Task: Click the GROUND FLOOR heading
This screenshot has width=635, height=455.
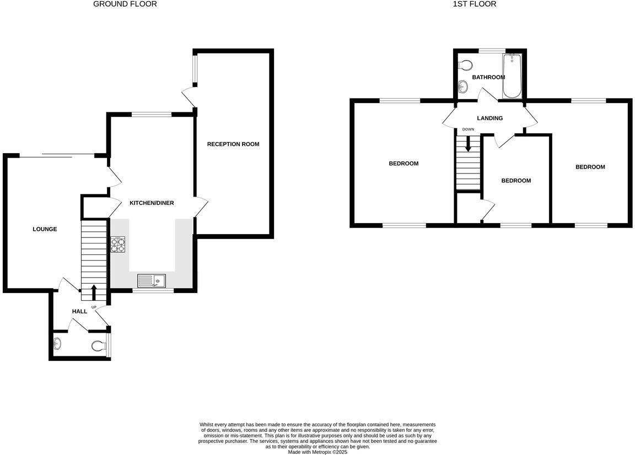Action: pyautogui.click(x=125, y=4)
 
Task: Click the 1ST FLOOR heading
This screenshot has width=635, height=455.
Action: pyautogui.click(x=474, y=4)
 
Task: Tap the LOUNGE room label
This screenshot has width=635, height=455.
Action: pyautogui.click(x=45, y=229)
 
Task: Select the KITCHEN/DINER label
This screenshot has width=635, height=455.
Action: pyautogui.click(x=152, y=203)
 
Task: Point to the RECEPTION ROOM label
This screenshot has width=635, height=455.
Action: pyautogui.click(x=233, y=144)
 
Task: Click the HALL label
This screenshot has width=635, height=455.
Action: pyautogui.click(x=79, y=312)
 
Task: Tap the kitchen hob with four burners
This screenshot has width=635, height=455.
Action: pyautogui.click(x=118, y=244)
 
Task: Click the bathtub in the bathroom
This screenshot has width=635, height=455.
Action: pyautogui.click(x=512, y=76)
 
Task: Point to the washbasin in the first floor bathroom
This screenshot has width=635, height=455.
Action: pyautogui.click(x=463, y=86)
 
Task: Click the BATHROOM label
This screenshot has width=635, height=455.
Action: pyautogui.click(x=488, y=77)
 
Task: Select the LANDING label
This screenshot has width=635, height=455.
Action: pyautogui.click(x=489, y=118)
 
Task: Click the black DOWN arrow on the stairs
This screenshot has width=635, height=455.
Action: pyautogui.click(x=469, y=144)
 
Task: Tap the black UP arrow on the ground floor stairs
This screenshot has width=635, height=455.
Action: pyautogui.click(x=94, y=292)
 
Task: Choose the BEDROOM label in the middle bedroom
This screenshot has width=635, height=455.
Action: pyautogui.click(x=516, y=181)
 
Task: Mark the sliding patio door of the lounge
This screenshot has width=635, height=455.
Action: pyautogui.click(x=57, y=155)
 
